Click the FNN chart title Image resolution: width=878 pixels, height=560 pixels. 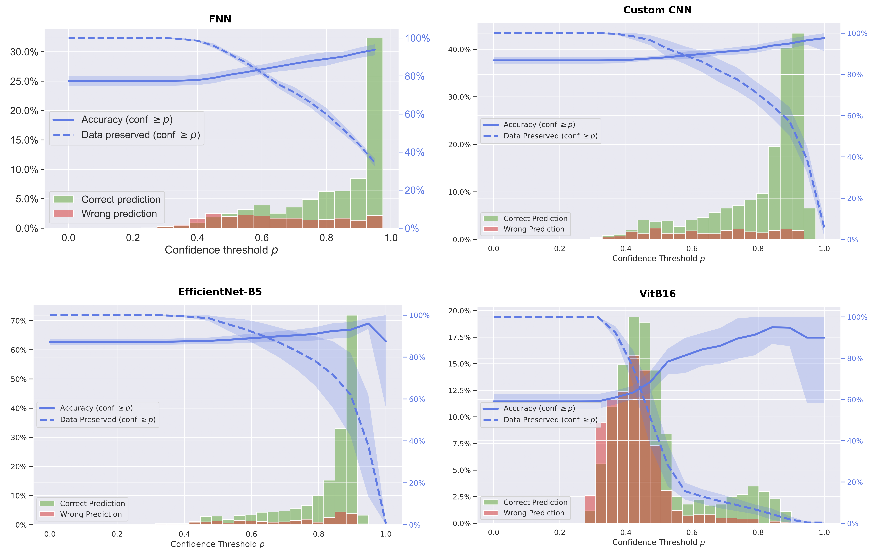(220, 19)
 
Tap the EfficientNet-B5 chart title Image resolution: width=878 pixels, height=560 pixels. (220, 292)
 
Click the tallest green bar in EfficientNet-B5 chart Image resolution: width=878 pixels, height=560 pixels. (351, 419)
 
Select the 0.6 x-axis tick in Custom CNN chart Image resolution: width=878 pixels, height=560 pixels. (692, 249)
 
